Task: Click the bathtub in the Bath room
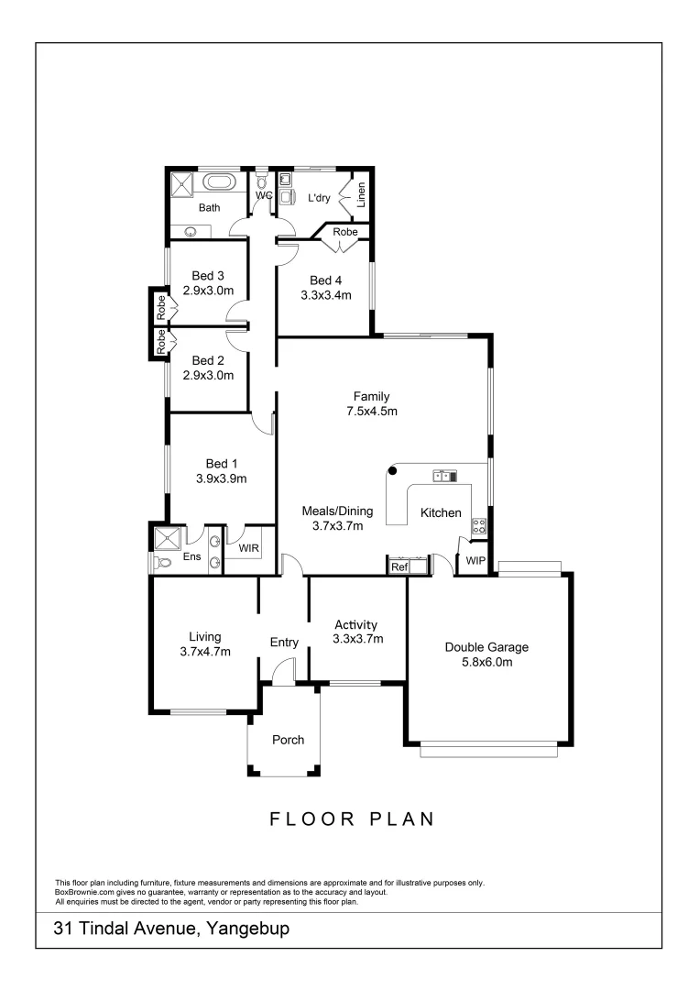[218, 182]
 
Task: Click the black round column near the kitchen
[392, 471]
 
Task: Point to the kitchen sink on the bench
[444, 475]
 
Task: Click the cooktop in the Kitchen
[477, 526]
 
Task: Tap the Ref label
[399, 567]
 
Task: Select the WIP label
[475, 559]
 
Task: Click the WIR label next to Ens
[248, 548]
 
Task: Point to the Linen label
[362, 194]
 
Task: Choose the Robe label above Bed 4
[345, 233]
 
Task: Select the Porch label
[288, 740]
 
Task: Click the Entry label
[284, 643]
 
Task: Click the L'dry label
[319, 197]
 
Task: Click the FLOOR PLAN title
[351, 819]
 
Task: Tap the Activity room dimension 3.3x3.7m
[357, 639]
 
